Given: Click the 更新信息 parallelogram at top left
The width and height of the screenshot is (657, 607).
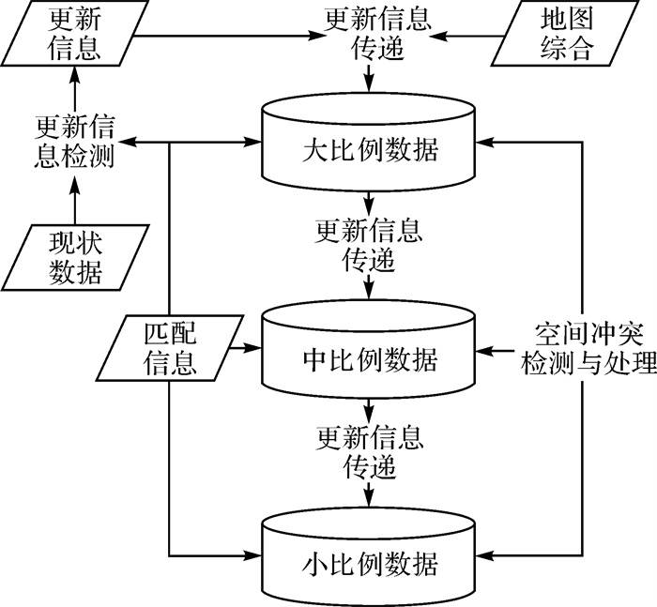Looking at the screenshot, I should pyautogui.click(x=74, y=35).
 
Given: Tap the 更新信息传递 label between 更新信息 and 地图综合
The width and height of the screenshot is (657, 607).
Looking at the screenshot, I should pyautogui.click(x=373, y=35).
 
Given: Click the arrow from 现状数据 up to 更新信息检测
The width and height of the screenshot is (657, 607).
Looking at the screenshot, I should pyautogui.click(x=74, y=197).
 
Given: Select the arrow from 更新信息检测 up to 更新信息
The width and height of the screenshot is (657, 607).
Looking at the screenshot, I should pyautogui.click(x=74, y=94).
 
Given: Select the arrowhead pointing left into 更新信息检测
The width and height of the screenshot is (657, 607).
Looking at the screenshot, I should pyautogui.click(x=131, y=143).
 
